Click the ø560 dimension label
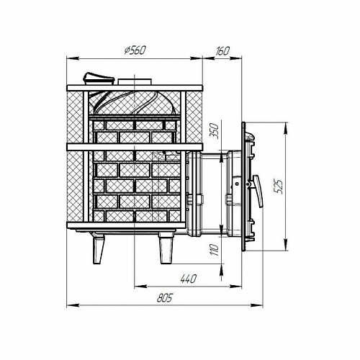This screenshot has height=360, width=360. (x=135, y=50)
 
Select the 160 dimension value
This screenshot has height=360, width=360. (x=222, y=50)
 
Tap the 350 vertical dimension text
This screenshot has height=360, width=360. (x=215, y=131)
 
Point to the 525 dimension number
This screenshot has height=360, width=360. (x=279, y=186)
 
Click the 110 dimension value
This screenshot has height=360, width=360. (x=215, y=250)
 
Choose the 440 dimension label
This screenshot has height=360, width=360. (x=189, y=279)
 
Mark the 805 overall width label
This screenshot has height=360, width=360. (x=165, y=298)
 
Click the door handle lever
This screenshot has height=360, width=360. (x=258, y=191)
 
